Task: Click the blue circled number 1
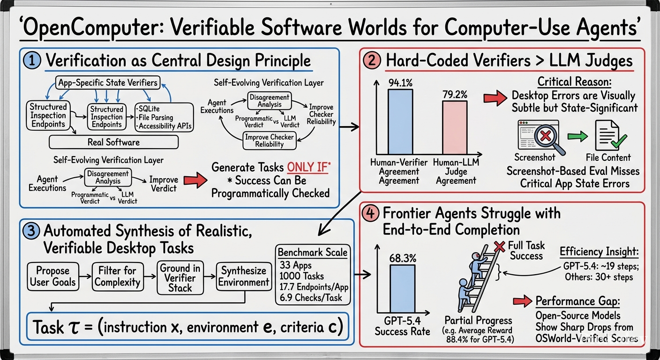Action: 32,60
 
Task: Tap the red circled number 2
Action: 372,60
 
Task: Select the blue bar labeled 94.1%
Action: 400,122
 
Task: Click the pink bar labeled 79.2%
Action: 455,127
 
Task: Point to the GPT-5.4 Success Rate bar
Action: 403,288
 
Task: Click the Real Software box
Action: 114,142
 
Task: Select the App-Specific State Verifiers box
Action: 108,82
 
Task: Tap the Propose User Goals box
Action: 53,277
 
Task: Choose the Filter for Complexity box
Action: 118,277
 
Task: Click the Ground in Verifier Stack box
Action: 180,277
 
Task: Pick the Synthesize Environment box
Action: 244,277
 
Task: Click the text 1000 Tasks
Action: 301,276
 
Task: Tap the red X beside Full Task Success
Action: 499,246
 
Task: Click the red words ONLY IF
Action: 307,167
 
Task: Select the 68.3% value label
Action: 403,258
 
